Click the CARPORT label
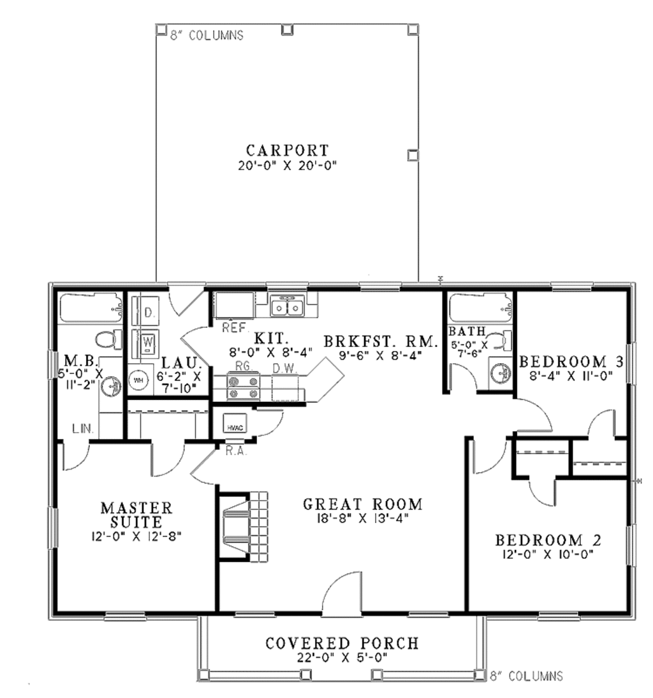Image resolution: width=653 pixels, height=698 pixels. pos(288,151)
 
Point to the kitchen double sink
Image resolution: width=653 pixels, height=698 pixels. pos(286,308)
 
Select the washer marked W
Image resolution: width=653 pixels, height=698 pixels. pos(147,344)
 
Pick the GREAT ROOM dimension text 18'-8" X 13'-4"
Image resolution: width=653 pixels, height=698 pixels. pos(362,519)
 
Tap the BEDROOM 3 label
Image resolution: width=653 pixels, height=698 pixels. pos(570,361)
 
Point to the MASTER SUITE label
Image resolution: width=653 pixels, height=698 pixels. pos(136,515)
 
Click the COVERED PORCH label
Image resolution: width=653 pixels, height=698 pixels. pos(342,643)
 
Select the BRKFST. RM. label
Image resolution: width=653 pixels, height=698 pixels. pos(381,341)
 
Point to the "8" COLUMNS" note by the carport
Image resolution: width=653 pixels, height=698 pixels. pos(207,36)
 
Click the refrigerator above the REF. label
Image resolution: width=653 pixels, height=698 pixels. pos(233,306)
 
